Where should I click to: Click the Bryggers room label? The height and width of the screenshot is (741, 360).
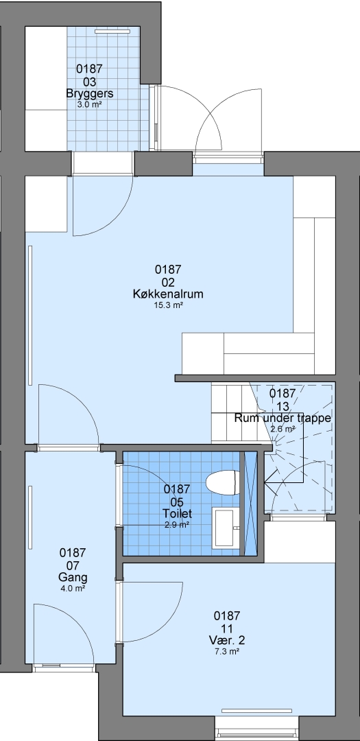click(90, 93)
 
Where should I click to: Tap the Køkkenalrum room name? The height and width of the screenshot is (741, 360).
click(168, 294)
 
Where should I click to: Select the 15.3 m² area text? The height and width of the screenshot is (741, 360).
click(168, 305)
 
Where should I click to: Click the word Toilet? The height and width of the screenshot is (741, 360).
click(177, 513)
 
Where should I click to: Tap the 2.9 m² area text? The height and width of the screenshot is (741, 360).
click(177, 525)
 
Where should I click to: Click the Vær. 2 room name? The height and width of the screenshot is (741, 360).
click(227, 640)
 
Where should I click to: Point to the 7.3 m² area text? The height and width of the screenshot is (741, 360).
click(227, 652)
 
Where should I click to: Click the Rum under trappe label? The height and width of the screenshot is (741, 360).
click(283, 419)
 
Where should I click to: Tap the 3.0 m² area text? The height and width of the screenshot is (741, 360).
click(90, 104)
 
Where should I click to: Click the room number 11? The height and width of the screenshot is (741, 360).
click(227, 628)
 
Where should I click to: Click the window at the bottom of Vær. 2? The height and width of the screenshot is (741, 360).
click(257, 734)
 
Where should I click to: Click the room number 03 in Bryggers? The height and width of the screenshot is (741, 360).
click(90, 81)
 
